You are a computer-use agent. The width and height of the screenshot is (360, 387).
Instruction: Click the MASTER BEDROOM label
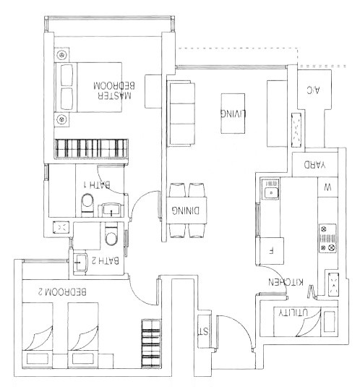[114, 90]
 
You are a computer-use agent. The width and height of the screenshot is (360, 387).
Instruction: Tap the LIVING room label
[233, 114]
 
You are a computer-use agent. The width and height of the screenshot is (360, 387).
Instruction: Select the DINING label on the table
[186, 210]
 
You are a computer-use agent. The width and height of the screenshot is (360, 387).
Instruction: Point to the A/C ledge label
[313, 90]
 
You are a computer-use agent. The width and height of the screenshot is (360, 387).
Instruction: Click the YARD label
[314, 165]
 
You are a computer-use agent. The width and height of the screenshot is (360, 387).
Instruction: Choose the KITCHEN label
[286, 282]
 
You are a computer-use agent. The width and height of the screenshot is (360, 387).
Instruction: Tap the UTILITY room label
[293, 312]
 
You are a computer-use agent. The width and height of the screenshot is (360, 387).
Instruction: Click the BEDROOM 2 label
[62, 292]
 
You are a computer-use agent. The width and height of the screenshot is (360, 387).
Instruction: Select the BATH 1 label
[97, 184]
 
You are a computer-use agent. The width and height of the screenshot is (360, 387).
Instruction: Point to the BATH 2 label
[105, 260]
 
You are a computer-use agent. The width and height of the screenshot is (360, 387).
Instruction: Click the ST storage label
[204, 331]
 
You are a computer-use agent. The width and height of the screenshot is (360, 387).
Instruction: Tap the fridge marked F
[270, 251]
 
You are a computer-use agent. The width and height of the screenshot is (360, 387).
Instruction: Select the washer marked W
[327, 187]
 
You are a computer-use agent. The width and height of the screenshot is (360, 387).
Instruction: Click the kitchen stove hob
[327, 238]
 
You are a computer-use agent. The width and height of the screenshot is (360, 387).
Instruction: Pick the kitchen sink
[270, 190]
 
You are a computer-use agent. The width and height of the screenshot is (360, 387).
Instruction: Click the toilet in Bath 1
[87, 205]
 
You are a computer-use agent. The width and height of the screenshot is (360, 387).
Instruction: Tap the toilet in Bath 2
[111, 233]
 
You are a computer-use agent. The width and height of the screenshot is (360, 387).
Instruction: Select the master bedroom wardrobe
[92, 148]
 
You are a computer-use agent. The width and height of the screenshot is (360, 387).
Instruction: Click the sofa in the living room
[181, 114]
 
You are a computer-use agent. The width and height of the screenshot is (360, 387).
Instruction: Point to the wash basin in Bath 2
[80, 263]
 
